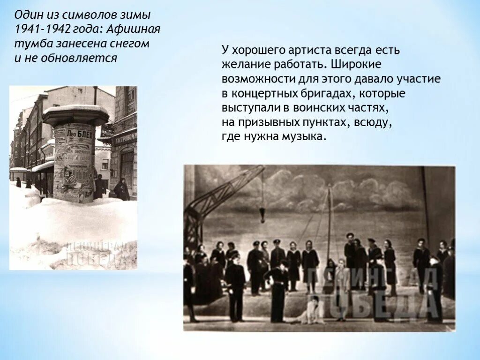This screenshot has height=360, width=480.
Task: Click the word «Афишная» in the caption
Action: pos(134,30)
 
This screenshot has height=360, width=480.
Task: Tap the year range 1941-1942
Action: pos(41,30)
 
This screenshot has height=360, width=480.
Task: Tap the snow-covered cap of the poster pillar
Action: pos(75,112)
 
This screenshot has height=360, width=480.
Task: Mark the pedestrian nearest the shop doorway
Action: pos(122,189)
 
